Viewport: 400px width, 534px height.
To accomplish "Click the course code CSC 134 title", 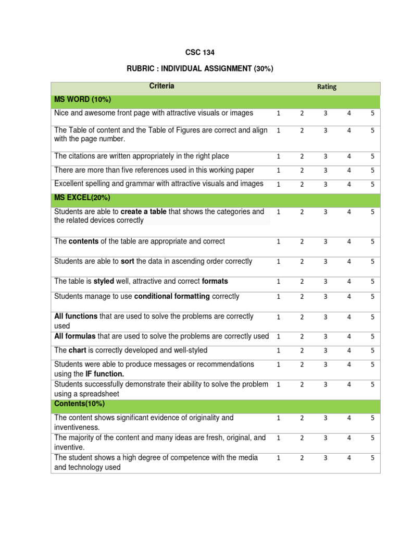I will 200,53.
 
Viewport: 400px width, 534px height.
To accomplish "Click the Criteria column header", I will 161,86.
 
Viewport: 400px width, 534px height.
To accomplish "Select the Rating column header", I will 327,87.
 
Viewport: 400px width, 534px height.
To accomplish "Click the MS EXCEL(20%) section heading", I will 82,198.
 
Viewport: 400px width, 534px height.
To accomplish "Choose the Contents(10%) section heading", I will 79,404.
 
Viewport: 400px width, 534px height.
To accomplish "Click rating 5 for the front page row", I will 372,113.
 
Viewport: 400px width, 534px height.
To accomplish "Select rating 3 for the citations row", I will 325,156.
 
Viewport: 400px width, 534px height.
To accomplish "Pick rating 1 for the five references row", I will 278,170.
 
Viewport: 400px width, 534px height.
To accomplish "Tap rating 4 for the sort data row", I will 349,262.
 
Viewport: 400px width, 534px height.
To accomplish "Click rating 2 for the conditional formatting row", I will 302,297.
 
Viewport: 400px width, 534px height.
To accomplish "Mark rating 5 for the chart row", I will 372,351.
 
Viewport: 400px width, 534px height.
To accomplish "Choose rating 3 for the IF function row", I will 325,365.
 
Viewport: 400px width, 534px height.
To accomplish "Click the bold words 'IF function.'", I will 105,374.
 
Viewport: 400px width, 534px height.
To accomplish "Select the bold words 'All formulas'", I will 75,336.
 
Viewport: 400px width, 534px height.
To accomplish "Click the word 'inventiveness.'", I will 77,427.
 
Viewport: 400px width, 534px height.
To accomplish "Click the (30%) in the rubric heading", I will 264,69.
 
